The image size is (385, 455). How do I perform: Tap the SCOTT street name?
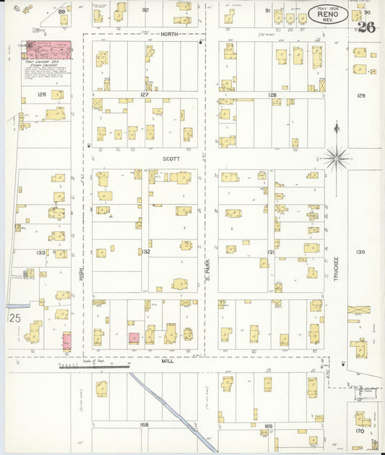170,158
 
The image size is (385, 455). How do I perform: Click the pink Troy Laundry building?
50,50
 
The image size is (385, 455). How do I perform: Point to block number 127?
144,95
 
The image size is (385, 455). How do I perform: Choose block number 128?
272,95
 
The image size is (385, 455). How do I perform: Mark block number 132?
145,252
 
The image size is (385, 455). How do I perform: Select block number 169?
268,425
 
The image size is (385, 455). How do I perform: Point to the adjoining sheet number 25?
14,318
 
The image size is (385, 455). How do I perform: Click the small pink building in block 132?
134,337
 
